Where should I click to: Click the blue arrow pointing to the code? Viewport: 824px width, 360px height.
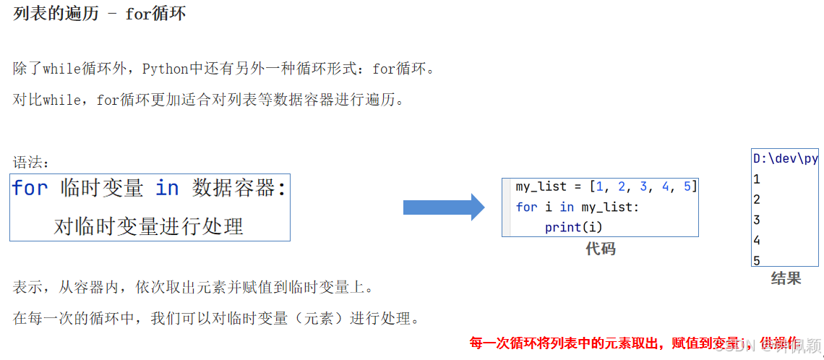(x=443, y=207)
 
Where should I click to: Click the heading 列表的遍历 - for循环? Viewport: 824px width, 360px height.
(x=99, y=14)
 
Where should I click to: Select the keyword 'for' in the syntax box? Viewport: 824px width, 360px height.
(x=30, y=189)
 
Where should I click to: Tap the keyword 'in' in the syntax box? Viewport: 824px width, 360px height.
(x=167, y=189)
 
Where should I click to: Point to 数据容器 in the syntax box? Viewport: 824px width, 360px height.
(x=234, y=189)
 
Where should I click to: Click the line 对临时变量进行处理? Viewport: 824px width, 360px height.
(x=149, y=226)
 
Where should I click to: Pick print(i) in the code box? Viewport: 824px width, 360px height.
(x=574, y=227)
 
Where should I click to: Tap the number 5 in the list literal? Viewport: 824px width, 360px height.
(x=687, y=187)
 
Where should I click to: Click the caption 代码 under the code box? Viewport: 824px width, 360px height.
(x=600, y=249)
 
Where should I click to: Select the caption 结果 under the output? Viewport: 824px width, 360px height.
(x=786, y=278)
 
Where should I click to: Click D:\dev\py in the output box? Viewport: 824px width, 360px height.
(x=785, y=158)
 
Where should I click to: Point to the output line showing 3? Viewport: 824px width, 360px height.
(x=757, y=220)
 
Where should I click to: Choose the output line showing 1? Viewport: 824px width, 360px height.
(x=757, y=179)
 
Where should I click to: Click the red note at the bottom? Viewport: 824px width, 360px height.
(x=633, y=343)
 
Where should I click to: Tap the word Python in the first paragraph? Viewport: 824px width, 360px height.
(x=165, y=69)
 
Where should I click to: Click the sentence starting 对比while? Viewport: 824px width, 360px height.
(x=209, y=100)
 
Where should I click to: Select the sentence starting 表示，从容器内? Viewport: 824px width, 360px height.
(x=194, y=287)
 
